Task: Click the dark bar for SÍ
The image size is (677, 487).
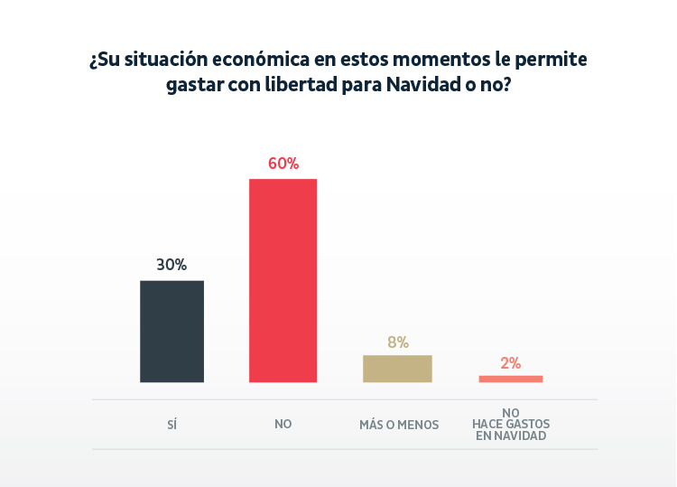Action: (x=172, y=332)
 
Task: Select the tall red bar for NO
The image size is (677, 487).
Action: (x=283, y=280)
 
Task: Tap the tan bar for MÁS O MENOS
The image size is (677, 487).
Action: (x=397, y=369)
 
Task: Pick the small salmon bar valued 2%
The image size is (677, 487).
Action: (x=510, y=379)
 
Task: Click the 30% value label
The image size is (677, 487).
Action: (x=172, y=265)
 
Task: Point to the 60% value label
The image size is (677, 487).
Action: (x=283, y=164)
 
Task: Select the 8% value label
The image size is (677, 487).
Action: (x=397, y=342)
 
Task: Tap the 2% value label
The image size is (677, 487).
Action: (x=510, y=363)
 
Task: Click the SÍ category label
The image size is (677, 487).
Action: (x=172, y=424)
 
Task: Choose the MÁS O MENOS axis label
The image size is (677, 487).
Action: (x=399, y=424)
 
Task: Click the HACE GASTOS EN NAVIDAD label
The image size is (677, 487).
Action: (x=511, y=429)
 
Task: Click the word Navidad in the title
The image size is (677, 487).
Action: (x=420, y=86)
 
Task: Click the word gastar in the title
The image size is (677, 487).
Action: (x=195, y=86)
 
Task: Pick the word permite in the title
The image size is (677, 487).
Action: (x=554, y=61)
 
